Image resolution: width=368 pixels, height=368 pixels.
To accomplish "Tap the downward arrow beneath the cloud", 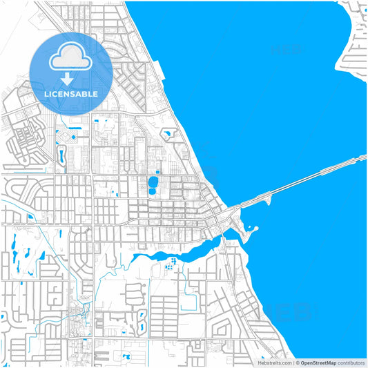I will coord(67,79).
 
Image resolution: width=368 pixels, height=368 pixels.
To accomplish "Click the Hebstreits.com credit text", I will coord(275,362).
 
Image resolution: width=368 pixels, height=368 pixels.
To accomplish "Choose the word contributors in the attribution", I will coord(349,362).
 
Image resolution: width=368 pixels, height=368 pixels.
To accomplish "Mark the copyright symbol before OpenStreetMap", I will coord(298,362).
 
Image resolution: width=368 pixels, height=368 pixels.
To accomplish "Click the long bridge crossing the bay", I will coord(304,180).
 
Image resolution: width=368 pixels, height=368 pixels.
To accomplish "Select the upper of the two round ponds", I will coord(152,182).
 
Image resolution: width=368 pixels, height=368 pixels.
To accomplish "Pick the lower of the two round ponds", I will coord(152,191).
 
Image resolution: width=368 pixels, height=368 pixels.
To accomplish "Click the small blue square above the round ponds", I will coord(158,172).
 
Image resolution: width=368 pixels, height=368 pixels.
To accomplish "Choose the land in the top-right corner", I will coord(356,35).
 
